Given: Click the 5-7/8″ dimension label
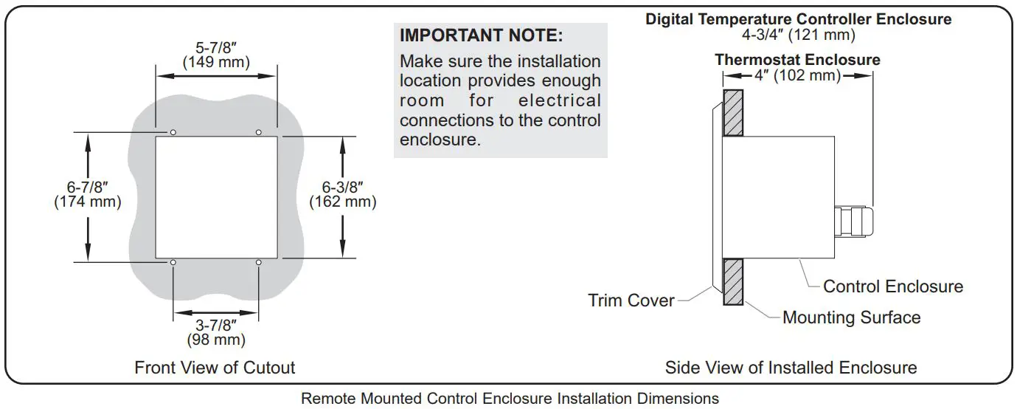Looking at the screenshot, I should point(216,47).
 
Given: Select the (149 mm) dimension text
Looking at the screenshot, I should point(216,62).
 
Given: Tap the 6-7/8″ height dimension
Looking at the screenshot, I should point(88,187).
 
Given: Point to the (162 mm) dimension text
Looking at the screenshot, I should point(342,202).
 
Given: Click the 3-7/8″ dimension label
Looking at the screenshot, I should point(215,325).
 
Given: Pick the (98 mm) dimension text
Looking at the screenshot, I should point(215,340).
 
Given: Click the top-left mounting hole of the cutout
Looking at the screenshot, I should point(173,132).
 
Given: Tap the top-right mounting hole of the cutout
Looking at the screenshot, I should point(258,132).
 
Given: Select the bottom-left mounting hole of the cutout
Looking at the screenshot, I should point(173,263).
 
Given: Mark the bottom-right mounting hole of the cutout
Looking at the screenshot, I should point(258,263).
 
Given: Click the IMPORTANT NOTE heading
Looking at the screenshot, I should point(481,35).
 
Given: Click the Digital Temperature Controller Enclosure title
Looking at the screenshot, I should point(798,19).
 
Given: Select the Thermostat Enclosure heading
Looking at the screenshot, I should point(797,60).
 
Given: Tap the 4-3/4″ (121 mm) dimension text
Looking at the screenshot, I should point(798,34).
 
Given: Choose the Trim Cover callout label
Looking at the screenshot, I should point(631,300).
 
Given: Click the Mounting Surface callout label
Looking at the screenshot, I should point(851,318).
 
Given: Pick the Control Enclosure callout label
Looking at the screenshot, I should point(892,286).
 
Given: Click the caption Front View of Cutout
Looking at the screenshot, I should point(215,368).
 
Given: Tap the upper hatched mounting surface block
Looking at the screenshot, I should point(733,113).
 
